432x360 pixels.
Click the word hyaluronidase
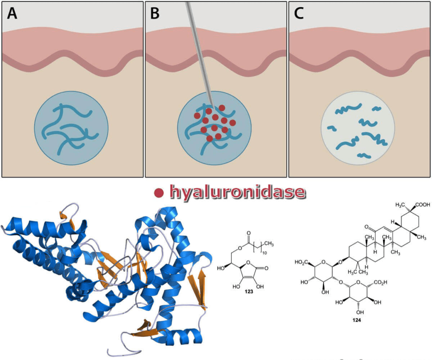pos(236,192)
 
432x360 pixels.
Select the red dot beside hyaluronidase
pos(159,193)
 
